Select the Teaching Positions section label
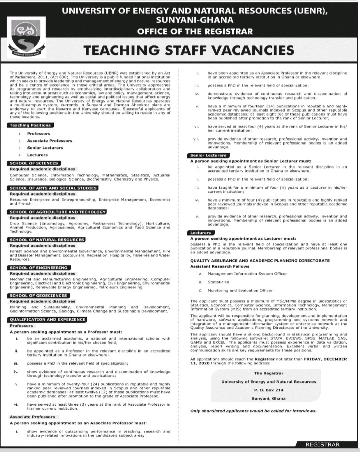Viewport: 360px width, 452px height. [x=30, y=125]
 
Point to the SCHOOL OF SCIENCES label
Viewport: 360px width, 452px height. [x=34, y=163]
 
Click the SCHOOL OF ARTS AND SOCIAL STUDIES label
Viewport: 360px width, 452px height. [x=52, y=188]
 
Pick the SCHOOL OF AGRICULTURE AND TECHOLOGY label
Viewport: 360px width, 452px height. [x=57, y=212]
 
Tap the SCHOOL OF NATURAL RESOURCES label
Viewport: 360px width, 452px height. [x=47, y=240]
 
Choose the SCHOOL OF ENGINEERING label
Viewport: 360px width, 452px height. [x=38, y=268]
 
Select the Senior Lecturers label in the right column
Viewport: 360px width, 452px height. [x=209, y=155]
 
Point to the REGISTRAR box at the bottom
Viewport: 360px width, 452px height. [x=322, y=444]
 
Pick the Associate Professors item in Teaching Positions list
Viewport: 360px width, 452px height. [x=49, y=141]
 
